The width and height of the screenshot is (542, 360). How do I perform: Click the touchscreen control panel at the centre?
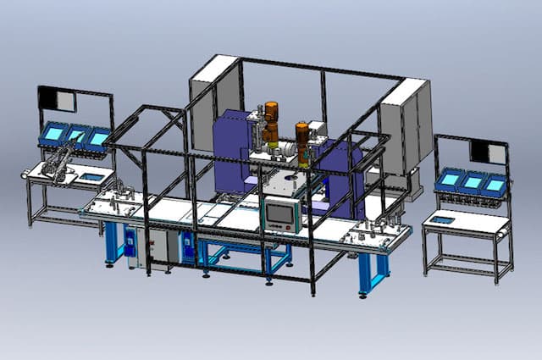280,215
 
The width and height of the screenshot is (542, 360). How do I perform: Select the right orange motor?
302,137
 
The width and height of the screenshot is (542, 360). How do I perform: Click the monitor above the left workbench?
57,99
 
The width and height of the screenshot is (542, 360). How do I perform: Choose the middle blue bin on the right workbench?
470,181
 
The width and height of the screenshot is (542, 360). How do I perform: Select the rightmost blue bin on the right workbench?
494,184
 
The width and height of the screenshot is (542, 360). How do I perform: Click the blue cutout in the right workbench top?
442,220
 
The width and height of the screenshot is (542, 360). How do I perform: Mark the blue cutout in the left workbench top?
89,178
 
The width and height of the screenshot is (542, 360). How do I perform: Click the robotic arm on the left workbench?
59,161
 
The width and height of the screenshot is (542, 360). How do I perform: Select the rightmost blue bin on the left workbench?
100,137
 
